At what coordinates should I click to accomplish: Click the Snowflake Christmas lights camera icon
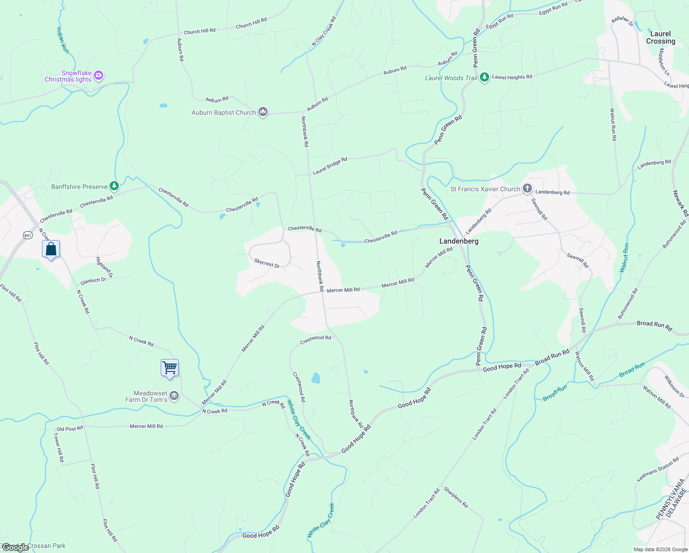(98, 75)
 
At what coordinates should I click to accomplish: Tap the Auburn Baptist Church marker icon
(263, 112)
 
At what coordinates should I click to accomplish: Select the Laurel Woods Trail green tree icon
(484, 77)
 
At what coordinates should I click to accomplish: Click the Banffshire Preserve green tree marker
(114, 186)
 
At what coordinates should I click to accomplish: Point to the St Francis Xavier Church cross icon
(527, 188)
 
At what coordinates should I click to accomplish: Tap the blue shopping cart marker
(169, 368)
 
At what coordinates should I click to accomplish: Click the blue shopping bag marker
(51, 249)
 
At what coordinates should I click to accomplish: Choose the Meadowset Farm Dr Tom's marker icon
(174, 396)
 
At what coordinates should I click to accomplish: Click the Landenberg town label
(459, 241)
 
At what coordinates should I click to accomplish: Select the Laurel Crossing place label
(660, 37)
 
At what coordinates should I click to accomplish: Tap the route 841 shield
(28, 235)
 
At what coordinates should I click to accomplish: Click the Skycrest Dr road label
(267, 263)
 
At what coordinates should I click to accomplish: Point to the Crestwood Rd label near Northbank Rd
(315, 340)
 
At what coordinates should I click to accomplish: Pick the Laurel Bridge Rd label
(330, 166)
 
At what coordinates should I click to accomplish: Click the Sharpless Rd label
(456, 498)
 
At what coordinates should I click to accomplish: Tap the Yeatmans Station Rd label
(658, 470)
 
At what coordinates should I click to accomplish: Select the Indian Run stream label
(63, 40)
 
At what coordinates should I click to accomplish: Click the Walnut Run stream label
(625, 258)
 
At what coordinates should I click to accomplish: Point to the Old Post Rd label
(70, 429)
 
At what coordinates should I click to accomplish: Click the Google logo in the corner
(16, 547)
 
